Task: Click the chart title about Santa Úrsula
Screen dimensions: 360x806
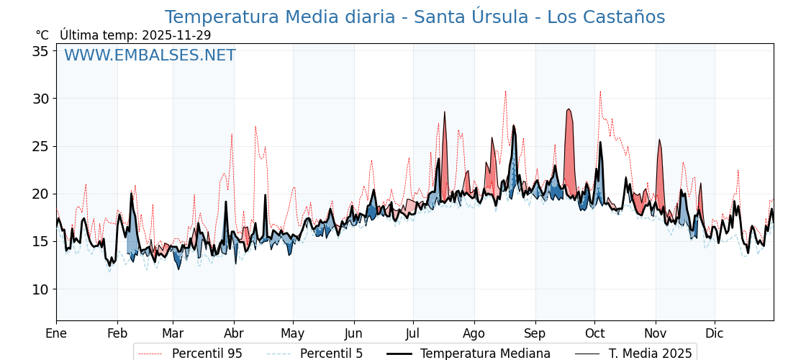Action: pos(415,17)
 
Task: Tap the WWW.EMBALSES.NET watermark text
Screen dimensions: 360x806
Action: pos(150,55)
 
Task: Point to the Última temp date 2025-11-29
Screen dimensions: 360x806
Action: pos(176,35)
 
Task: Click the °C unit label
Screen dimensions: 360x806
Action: pos(42,35)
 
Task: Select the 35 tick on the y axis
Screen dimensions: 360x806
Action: pos(40,51)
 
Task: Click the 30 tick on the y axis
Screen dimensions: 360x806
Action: pos(40,99)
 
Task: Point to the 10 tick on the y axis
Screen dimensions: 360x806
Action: pos(40,289)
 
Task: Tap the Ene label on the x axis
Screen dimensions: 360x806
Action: pos(56,333)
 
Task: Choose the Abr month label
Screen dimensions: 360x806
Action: pos(234,333)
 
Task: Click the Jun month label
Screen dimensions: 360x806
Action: pos(354,333)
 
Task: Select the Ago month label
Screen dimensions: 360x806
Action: pos(474,333)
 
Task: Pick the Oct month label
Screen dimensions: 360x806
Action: pos(594,333)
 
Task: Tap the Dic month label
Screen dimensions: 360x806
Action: pos(715,333)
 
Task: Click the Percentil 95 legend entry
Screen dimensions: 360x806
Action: pos(190,354)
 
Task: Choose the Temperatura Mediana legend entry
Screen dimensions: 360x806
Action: pos(468,354)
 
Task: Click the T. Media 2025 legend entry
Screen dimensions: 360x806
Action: pos(633,354)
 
